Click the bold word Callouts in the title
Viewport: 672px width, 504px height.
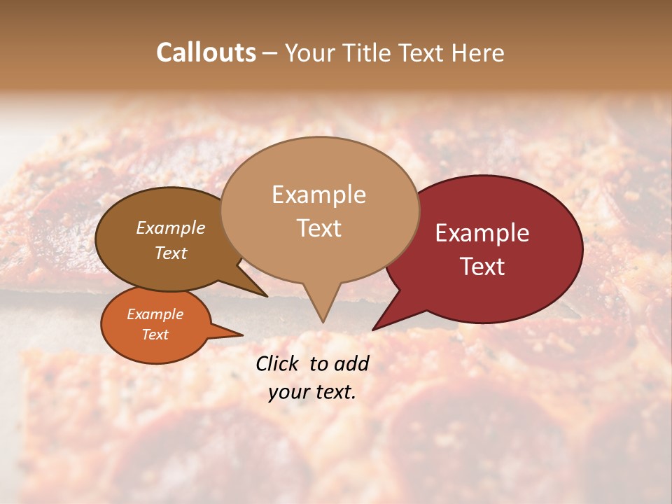click(x=206, y=52)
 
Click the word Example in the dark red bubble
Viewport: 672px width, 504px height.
click(x=482, y=233)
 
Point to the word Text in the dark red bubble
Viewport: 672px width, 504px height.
click(x=482, y=267)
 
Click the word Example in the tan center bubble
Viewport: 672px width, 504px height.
click(x=318, y=195)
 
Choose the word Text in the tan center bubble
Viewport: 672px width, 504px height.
click(x=318, y=228)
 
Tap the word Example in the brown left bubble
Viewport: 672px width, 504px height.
click(x=170, y=228)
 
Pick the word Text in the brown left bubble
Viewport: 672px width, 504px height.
click(x=170, y=253)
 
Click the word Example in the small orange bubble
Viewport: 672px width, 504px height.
click(x=155, y=314)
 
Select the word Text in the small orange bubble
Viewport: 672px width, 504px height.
click(x=155, y=335)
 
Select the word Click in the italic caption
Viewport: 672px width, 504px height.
click(x=278, y=363)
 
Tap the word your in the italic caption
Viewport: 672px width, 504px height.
click(x=287, y=393)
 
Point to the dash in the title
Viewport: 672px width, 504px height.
click(x=271, y=53)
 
